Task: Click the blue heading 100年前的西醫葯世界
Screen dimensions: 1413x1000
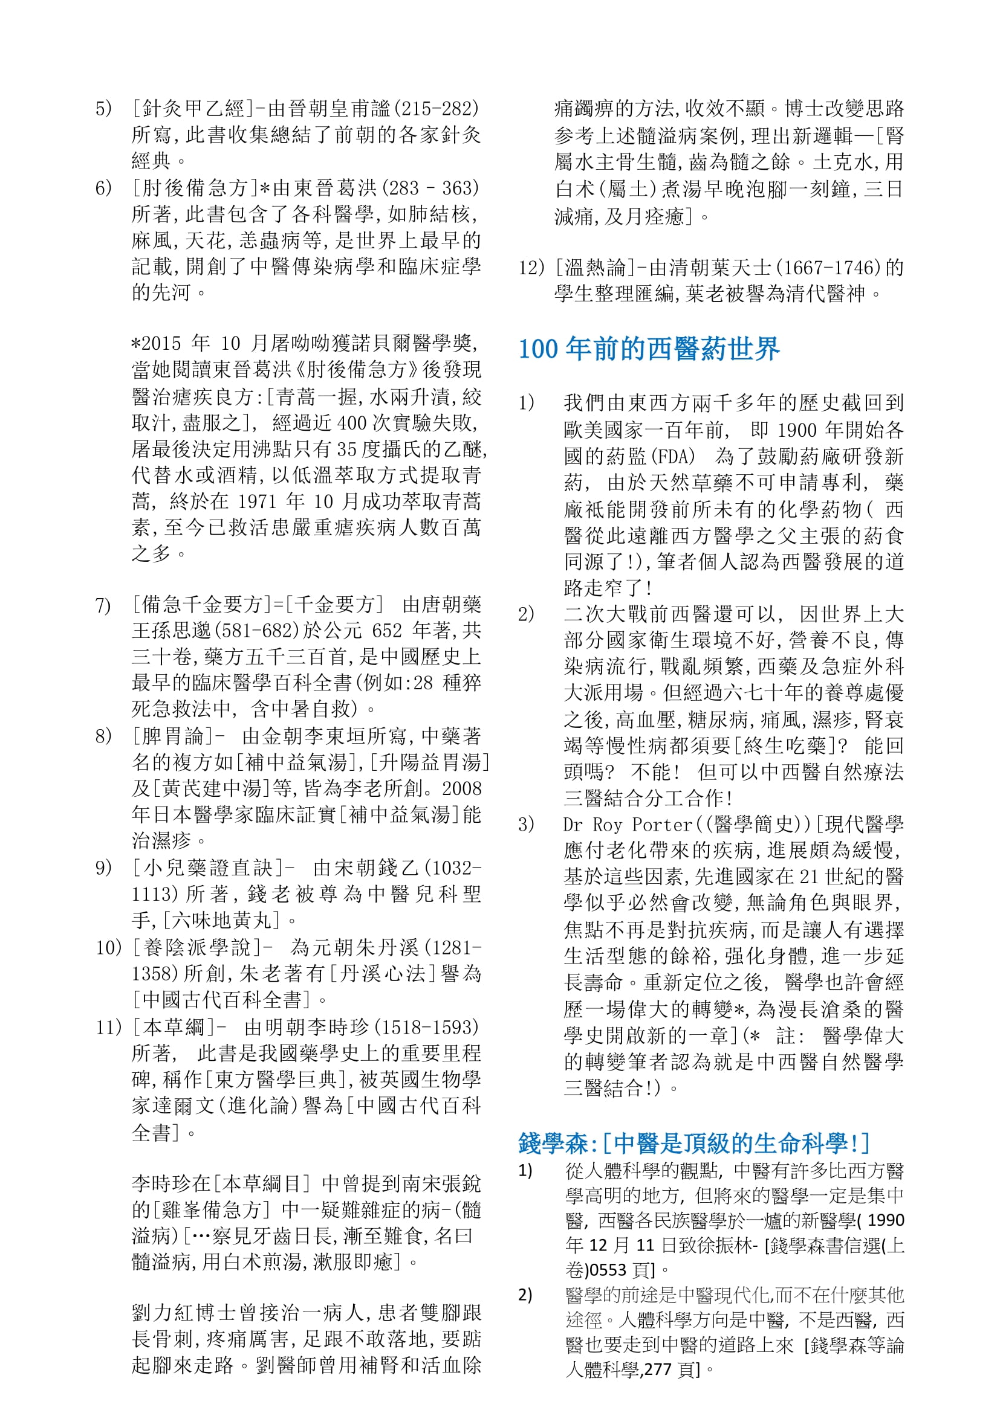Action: coord(649,349)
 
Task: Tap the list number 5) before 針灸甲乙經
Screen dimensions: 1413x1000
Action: coord(103,109)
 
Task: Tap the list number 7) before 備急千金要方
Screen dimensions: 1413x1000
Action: coord(103,605)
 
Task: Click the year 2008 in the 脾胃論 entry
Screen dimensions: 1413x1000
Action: coord(461,789)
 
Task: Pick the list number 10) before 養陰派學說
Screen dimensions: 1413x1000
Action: coord(109,947)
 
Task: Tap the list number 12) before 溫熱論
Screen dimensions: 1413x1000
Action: coord(532,268)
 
